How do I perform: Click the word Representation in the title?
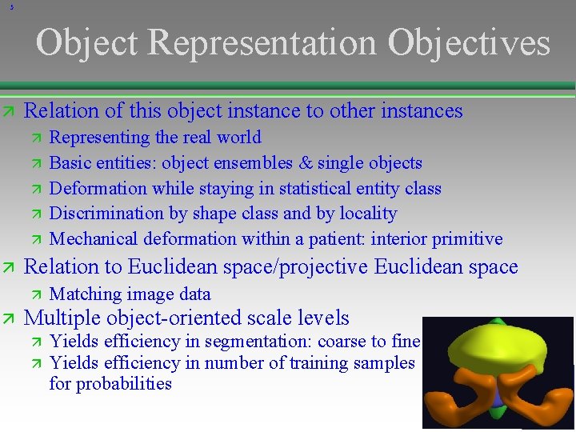(x=262, y=44)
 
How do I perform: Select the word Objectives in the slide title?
(x=469, y=44)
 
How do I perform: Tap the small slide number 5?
(x=11, y=8)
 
